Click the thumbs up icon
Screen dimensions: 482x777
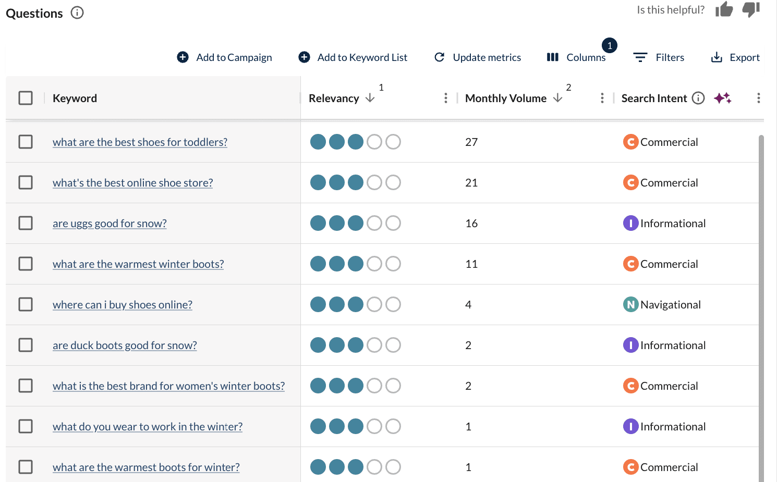tap(724, 9)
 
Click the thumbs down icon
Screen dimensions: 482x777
tap(751, 9)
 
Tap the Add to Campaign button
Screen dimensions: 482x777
tap(225, 57)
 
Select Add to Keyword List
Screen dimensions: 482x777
tap(353, 57)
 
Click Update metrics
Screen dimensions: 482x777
tap(478, 57)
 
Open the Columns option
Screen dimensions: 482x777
tap(576, 57)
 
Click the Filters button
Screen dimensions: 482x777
tap(659, 57)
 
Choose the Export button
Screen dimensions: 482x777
tap(735, 57)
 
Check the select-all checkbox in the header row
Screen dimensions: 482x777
tap(26, 98)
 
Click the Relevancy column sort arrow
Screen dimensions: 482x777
tap(370, 98)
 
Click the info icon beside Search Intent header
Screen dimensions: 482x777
tap(698, 98)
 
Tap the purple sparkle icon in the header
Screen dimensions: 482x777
tap(723, 98)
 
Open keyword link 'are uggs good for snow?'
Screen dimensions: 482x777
tap(110, 224)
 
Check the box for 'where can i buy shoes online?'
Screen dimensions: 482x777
tap(26, 304)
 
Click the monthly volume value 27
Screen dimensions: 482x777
tap(471, 142)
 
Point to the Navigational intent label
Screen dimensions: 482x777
tap(670, 305)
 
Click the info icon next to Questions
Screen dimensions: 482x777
tap(77, 13)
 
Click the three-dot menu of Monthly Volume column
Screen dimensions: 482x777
tap(602, 98)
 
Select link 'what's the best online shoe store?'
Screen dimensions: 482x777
tap(132, 183)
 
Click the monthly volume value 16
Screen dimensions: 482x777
tap(471, 224)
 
